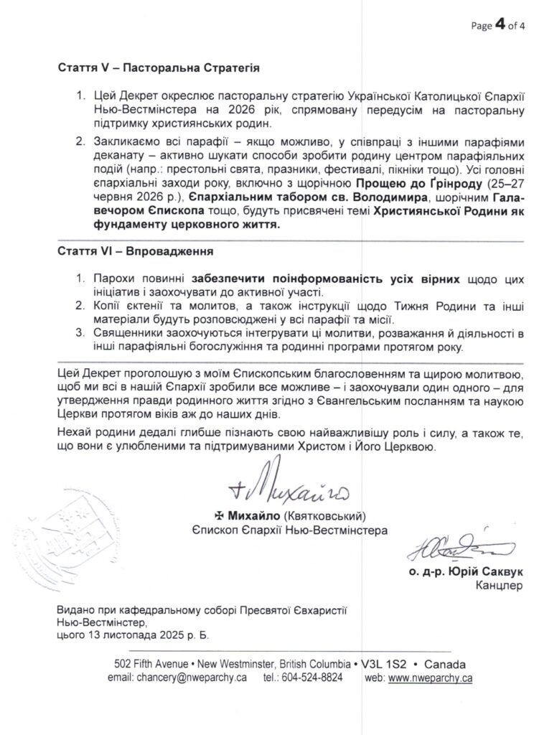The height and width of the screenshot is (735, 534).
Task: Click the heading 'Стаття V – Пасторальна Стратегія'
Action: coord(158,69)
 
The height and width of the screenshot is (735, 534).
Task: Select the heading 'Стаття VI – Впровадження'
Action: coord(133,253)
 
